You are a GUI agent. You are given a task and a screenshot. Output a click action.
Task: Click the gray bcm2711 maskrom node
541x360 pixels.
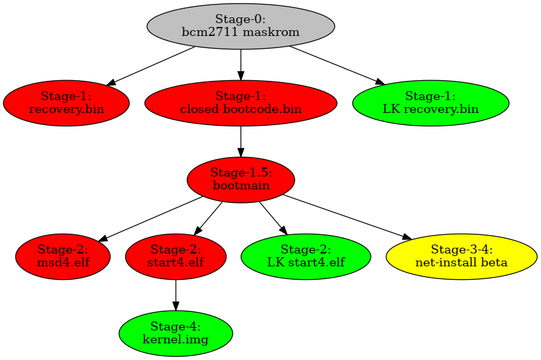[x=241, y=26]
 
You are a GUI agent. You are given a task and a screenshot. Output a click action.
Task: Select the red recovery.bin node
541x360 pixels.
[x=66, y=103]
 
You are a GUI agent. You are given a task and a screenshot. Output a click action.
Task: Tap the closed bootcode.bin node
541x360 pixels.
[x=241, y=103]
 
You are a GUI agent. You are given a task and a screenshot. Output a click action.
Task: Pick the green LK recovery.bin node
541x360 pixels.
[x=431, y=103]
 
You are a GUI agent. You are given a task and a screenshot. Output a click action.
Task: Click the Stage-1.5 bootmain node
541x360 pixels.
[x=241, y=180]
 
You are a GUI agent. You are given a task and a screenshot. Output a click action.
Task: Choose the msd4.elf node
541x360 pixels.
[x=63, y=257]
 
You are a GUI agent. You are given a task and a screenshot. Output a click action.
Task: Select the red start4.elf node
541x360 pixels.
[x=176, y=257]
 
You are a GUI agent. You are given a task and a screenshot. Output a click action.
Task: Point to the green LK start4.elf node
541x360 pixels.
[x=305, y=257]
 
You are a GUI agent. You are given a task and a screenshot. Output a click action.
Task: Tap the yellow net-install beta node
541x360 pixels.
[x=461, y=257]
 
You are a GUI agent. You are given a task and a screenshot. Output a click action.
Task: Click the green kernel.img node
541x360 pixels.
[x=176, y=333]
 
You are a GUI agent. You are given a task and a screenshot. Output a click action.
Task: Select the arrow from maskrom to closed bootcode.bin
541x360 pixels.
[x=241, y=65]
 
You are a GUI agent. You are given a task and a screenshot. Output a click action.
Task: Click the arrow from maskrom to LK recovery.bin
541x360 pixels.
[x=337, y=65]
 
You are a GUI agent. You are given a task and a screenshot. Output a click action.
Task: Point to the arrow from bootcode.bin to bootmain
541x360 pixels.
[x=241, y=142]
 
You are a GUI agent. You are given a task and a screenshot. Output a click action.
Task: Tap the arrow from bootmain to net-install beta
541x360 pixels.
[x=347, y=217]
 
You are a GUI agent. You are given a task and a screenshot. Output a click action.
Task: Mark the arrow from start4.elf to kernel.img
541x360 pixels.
[x=176, y=295]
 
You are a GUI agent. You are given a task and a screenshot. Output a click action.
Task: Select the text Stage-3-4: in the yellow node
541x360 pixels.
[x=461, y=249]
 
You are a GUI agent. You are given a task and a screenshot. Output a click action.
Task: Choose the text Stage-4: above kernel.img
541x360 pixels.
[x=176, y=326]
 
